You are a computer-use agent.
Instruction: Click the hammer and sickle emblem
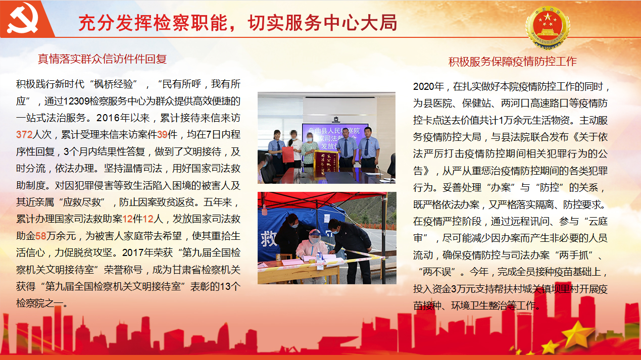click(x=23, y=18)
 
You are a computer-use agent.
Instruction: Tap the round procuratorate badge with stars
click(x=548, y=27)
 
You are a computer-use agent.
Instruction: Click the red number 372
click(x=24, y=135)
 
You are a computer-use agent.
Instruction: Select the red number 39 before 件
click(x=162, y=135)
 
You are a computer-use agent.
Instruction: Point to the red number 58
click(x=41, y=236)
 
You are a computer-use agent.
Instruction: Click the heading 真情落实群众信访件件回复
click(x=102, y=59)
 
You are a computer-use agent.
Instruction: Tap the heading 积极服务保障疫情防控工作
click(x=512, y=62)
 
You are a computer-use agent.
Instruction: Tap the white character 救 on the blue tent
click(x=268, y=238)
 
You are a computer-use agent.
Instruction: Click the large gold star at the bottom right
click(x=577, y=334)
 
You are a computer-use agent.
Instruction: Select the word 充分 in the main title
click(x=96, y=23)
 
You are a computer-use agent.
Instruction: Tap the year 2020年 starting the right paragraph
click(x=428, y=86)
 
